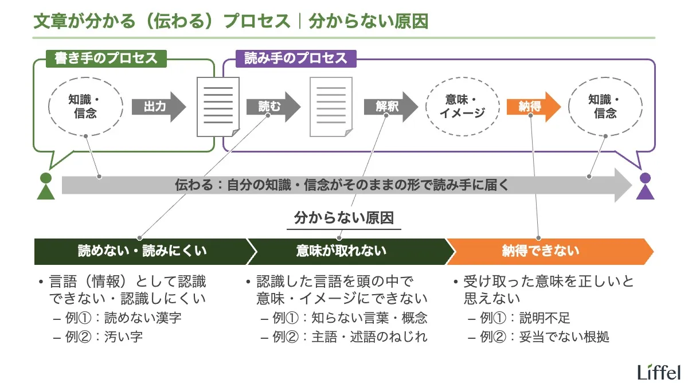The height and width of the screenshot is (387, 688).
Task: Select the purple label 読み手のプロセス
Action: [295, 58]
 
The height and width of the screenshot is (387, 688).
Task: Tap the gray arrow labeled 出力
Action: [158, 107]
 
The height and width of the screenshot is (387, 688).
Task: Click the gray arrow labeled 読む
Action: [272, 107]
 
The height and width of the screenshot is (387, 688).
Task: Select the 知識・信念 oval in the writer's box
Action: [85, 106]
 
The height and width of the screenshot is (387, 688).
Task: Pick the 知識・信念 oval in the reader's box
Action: [605, 106]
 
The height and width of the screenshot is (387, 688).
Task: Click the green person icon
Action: [45, 186]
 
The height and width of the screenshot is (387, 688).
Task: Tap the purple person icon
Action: [646, 186]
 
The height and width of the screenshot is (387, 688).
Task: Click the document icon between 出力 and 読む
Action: [218, 107]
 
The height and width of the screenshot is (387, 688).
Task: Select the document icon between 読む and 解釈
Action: [331, 107]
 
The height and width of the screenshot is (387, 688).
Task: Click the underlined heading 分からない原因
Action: [344, 218]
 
